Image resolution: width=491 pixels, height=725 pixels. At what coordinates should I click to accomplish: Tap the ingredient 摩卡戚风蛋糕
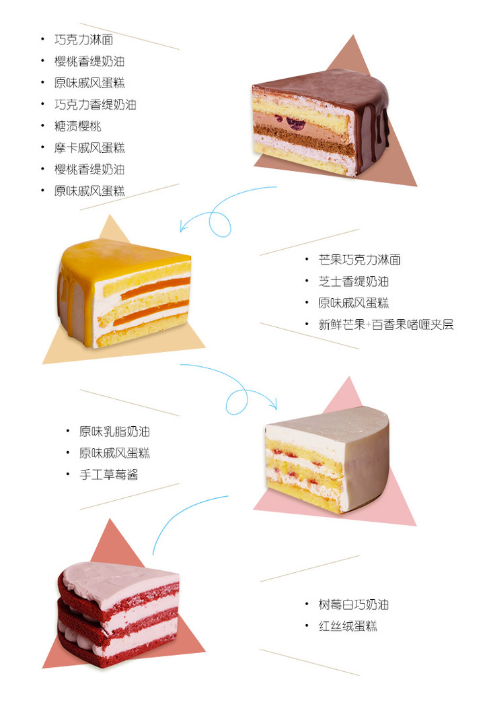coord(89,147)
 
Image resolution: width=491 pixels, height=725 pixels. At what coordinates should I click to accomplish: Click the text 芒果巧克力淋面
coord(359,260)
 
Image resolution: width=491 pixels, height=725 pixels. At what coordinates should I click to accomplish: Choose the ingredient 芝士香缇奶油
coord(353,281)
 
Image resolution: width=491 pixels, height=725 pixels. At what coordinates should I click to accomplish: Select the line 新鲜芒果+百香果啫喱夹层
coord(386,324)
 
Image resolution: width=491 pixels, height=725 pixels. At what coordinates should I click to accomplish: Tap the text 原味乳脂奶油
coord(114,431)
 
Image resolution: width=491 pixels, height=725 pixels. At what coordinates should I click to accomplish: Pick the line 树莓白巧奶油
coord(353,605)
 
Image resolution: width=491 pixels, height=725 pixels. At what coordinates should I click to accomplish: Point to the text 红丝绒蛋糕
coord(348,626)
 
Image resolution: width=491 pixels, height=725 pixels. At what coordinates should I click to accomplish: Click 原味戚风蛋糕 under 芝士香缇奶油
coord(353,303)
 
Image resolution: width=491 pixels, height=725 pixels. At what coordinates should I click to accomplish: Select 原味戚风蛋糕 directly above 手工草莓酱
coord(114,453)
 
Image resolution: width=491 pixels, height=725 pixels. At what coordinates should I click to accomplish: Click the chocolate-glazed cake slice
coord(320,125)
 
